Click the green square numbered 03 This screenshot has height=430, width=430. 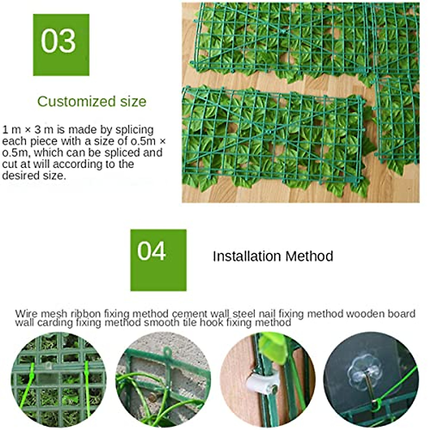point(61,45)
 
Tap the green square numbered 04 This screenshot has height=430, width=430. point(158,260)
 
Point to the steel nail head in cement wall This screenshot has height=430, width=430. point(153,397)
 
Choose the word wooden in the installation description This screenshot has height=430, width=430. point(360,314)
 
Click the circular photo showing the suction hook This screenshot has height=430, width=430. point(371,380)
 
